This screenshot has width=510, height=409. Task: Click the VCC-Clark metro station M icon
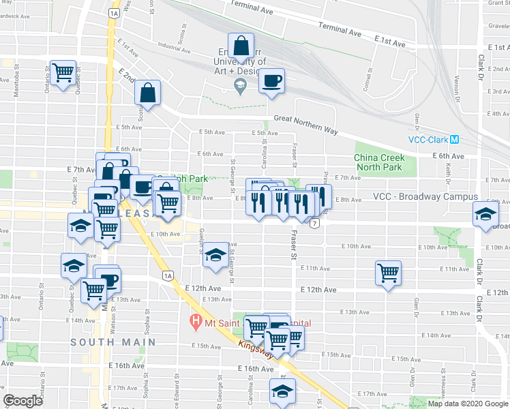(454, 139)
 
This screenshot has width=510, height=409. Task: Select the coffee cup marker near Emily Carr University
(271, 82)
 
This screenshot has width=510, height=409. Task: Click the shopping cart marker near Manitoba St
(63, 72)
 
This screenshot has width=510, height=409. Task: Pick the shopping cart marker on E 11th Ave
(388, 273)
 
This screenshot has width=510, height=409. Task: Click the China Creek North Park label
(379, 162)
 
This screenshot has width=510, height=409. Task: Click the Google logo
(23, 401)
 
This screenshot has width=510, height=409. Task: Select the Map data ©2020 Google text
(467, 404)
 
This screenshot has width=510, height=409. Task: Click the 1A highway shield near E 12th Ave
(168, 275)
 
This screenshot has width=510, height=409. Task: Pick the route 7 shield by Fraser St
(314, 223)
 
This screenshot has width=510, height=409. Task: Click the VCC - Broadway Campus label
(425, 197)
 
